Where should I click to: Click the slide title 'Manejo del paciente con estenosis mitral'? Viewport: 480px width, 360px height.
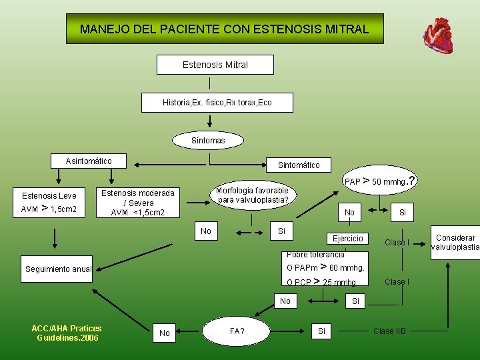[x=224, y=29]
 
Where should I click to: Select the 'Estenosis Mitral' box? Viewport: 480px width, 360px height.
[x=215, y=65]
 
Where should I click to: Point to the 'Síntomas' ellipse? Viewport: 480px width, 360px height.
[x=208, y=141]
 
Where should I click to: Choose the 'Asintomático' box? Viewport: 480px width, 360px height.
[x=89, y=161]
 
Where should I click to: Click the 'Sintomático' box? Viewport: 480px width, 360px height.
[x=299, y=165]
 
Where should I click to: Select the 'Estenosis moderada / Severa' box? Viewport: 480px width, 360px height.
[x=138, y=203]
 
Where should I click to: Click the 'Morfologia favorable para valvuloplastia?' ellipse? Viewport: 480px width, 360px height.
[x=253, y=195]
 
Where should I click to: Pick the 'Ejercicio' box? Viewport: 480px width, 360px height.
[x=348, y=239]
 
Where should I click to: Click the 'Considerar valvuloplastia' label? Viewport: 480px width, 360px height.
[x=455, y=243]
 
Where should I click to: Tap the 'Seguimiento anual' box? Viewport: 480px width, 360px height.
[x=58, y=269]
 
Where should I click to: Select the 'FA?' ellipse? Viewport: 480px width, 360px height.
[x=237, y=331]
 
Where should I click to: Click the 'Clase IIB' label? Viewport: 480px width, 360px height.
[x=389, y=331]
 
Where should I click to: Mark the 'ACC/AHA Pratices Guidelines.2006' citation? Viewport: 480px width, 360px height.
[x=67, y=333]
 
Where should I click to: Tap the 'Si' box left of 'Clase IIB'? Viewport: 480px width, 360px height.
[x=322, y=331]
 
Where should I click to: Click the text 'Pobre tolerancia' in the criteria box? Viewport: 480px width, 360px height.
[x=315, y=255]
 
